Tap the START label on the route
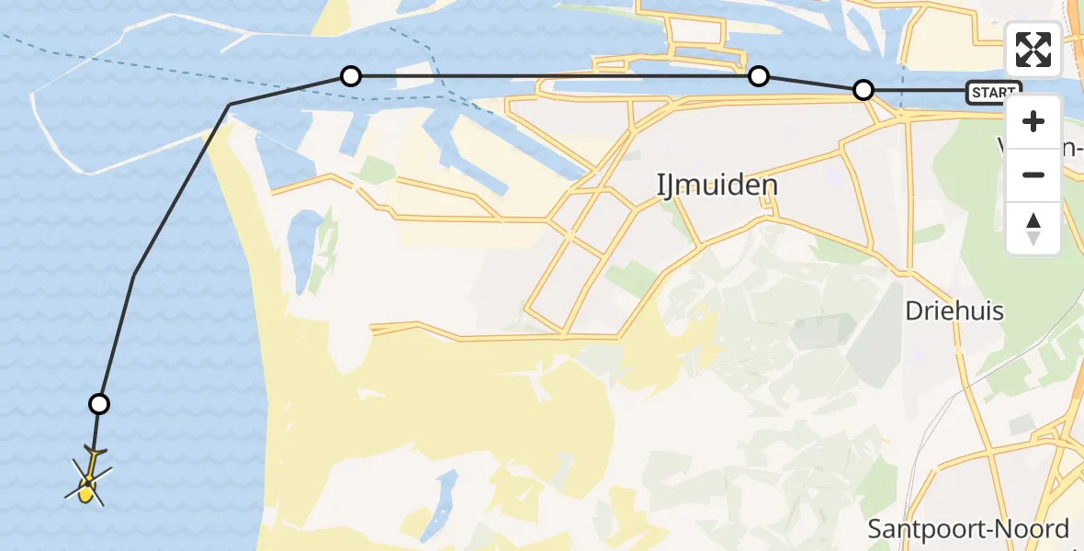[993, 92]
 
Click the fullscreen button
[1033, 50]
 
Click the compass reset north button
[1033, 228]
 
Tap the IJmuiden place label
[717, 185]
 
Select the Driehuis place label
[954, 310]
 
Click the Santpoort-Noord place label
[968, 529]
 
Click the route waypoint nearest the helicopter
[99, 404]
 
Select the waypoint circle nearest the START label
[864, 90]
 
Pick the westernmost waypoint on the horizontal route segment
[350, 76]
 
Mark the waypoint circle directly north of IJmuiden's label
[758, 76]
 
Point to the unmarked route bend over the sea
[134, 275]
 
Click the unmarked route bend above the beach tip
[229, 105]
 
